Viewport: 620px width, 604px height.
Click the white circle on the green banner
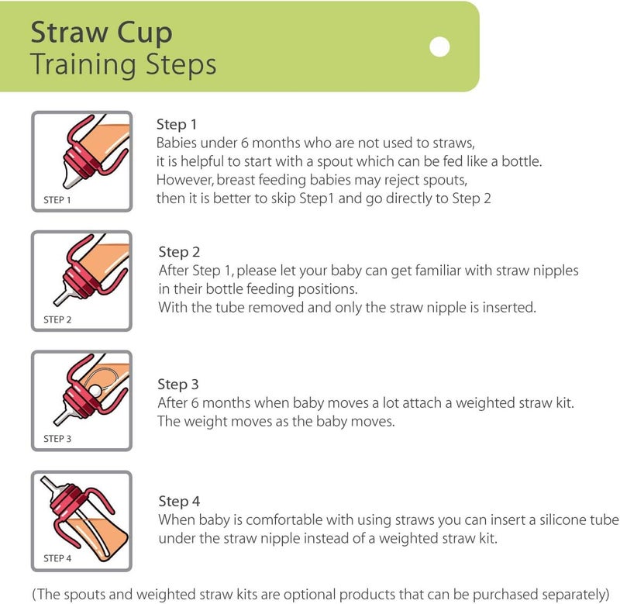click(x=439, y=47)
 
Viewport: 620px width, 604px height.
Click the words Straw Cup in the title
click(x=101, y=33)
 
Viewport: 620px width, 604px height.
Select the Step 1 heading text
click(x=177, y=125)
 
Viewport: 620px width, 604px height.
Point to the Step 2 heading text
click(x=179, y=252)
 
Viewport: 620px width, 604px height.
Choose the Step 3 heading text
click(x=178, y=385)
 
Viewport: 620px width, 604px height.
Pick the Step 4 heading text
click(x=179, y=502)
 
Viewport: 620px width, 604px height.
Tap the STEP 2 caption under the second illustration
click(x=57, y=319)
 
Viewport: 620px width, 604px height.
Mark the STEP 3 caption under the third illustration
click(x=57, y=439)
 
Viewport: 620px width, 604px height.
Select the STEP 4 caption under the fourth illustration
click(x=57, y=558)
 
